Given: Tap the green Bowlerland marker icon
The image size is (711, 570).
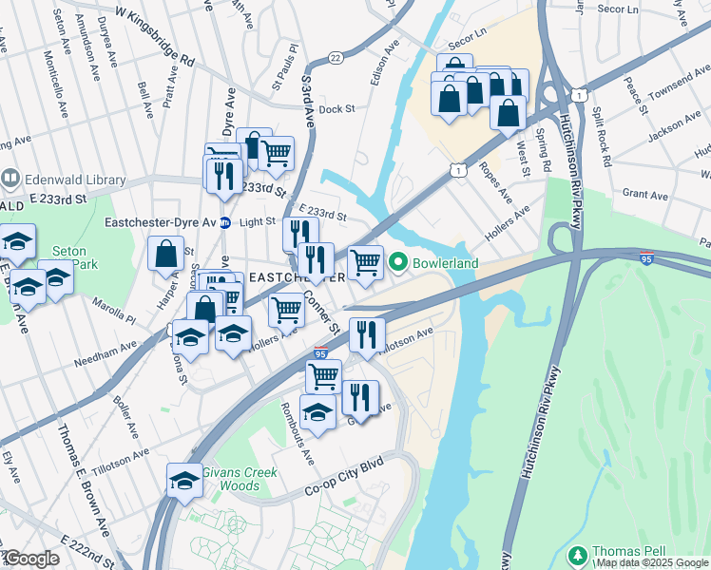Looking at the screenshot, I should click(x=398, y=262).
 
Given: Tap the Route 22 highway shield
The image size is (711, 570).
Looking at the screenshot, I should click(x=335, y=59).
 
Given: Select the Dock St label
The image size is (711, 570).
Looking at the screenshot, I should click(x=336, y=109).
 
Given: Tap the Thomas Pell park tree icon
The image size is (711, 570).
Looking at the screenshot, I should click(x=576, y=553).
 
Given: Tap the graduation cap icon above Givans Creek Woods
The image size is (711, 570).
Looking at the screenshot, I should click(x=184, y=480).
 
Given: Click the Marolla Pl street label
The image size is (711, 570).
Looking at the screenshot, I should click(x=115, y=308).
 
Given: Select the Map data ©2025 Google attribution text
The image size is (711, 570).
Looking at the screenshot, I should click(x=650, y=563).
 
